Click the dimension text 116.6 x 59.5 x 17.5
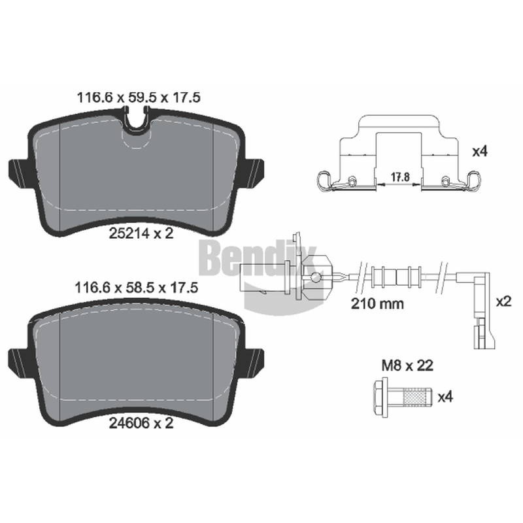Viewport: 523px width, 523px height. pyautogui.click(x=139, y=97)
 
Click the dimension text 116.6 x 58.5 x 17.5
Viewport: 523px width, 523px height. pyautogui.click(x=137, y=288)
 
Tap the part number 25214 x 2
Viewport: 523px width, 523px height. pyautogui.click(x=141, y=233)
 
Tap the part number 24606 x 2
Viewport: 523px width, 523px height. pyautogui.click(x=141, y=423)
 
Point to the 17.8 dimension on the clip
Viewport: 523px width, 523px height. pyautogui.click(x=400, y=177)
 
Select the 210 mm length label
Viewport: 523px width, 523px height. pyautogui.click(x=377, y=303)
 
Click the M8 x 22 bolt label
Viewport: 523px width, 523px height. pyautogui.click(x=407, y=365)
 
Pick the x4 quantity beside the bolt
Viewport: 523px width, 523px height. pyautogui.click(x=445, y=397)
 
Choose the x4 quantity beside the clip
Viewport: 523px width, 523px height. pyautogui.click(x=480, y=152)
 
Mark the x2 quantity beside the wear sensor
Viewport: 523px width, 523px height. pyautogui.click(x=503, y=302)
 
